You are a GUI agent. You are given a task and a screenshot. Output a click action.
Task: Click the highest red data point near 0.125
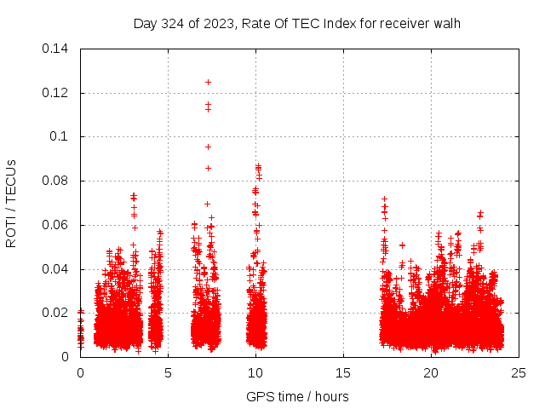208,82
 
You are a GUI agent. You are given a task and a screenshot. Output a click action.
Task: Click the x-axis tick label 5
168,372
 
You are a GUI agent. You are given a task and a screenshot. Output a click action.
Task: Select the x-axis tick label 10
255,372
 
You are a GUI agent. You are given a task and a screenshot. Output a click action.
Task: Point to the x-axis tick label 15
343,372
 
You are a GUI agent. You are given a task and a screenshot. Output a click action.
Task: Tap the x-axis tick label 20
431,372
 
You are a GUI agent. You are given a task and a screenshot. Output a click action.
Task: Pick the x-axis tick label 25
519,372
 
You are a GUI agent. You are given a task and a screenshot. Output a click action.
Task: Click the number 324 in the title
174,23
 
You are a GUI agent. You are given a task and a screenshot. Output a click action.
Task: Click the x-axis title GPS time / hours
297,396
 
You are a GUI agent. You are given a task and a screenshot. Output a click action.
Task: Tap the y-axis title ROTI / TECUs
12,203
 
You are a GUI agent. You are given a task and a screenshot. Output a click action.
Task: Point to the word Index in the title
338,23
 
